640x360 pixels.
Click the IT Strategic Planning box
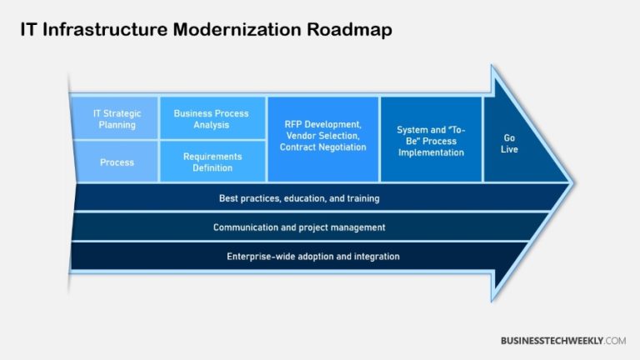coord(117,118)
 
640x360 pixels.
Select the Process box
coord(117,162)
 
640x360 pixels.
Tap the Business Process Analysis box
coord(212,118)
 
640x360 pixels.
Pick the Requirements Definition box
coord(212,162)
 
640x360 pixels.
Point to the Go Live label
coord(509,143)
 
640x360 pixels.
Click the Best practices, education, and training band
coord(298,198)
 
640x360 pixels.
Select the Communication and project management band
coord(298,227)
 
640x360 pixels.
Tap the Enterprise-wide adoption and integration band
coord(312,256)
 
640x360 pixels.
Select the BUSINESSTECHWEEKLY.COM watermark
coord(562,341)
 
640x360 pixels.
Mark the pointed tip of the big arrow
coord(572,182)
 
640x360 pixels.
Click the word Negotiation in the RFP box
coord(339,147)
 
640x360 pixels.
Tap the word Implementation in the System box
coord(431,152)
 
